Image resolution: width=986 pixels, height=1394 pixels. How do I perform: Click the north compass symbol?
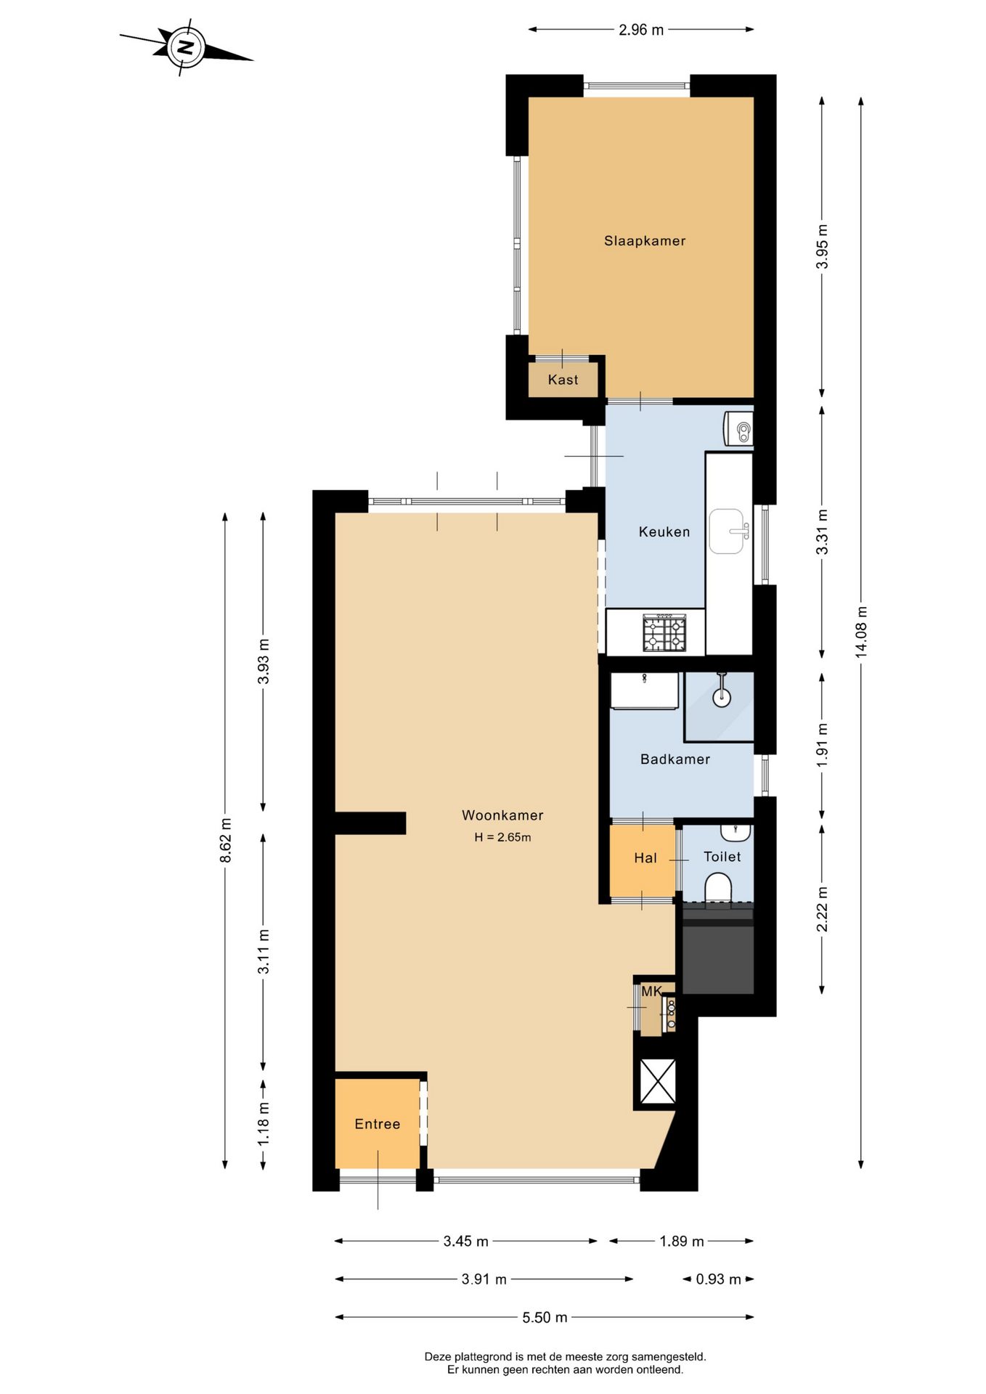click(186, 48)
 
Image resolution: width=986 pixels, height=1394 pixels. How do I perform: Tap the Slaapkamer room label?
click(645, 241)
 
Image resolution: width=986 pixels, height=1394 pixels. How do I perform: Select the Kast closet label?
click(563, 380)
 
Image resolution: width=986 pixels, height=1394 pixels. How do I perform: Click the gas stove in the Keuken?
click(664, 632)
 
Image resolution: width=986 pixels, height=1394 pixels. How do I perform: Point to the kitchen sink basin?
click(727, 531)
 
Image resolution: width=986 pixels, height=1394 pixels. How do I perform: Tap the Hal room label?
click(645, 858)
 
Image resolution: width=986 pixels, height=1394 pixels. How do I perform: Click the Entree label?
click(377, 1124)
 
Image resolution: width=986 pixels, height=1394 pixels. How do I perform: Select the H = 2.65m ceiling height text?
click(502, 837)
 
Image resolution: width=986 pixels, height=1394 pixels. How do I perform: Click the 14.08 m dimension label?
click(861, 632)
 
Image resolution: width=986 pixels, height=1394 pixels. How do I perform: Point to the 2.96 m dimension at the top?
click(641, 30)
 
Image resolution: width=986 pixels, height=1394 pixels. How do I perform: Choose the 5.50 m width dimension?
click(545, 1318)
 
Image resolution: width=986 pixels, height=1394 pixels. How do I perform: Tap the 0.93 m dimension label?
click(718, 1279)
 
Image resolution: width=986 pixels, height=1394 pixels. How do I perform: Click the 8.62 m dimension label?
click(226, 841)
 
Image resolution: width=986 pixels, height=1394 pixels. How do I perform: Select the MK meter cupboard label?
click(651, 991)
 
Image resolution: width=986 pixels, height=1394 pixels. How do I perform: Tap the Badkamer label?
click(675, 759)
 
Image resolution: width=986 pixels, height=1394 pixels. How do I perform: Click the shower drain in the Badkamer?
click(721, 698)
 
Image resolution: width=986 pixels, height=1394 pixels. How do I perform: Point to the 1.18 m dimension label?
click(263, 1124)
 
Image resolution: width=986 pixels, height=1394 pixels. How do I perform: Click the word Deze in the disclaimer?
click(437, 1356)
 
